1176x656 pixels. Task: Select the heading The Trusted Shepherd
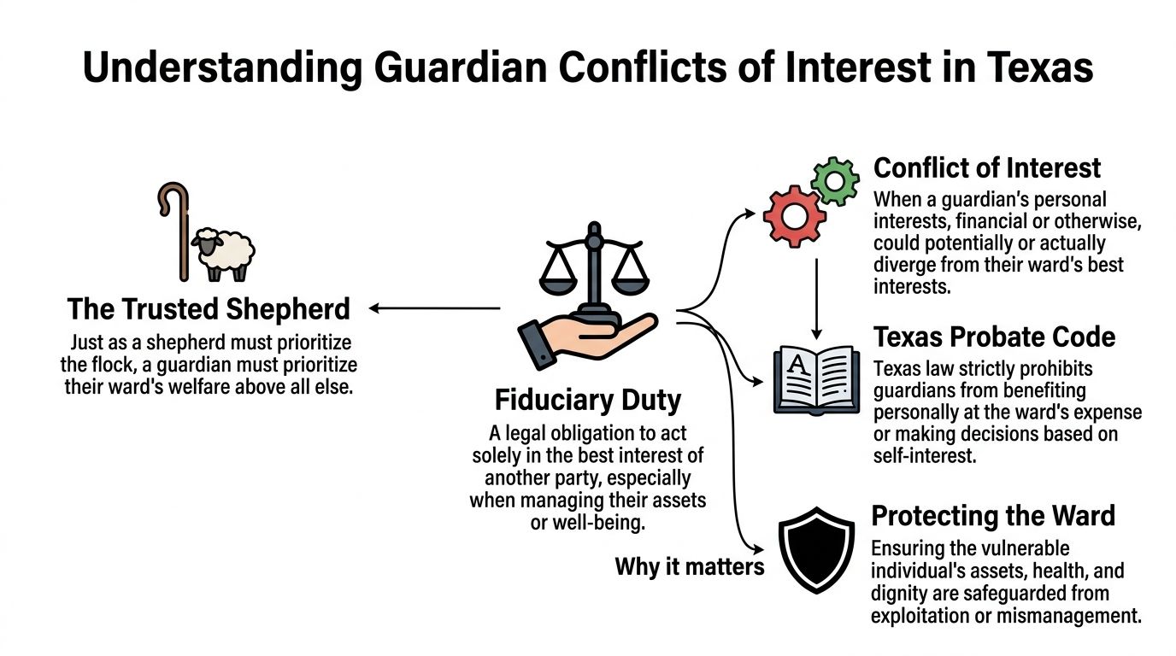(209, 308)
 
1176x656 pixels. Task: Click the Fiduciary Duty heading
(588, 400)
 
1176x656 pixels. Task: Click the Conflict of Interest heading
(987, 167)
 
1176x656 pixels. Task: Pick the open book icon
(816, 380)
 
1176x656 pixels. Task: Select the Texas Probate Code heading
(994, 337)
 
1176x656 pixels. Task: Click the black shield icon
(817, 550)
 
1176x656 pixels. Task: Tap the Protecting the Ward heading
(993, 516)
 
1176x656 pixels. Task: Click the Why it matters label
(689, 565)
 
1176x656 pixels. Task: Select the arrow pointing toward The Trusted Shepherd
(434, 308)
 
